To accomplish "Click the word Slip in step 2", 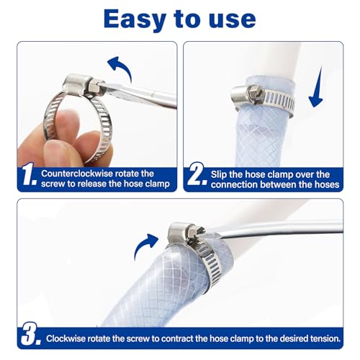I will [x=220, y=174].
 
